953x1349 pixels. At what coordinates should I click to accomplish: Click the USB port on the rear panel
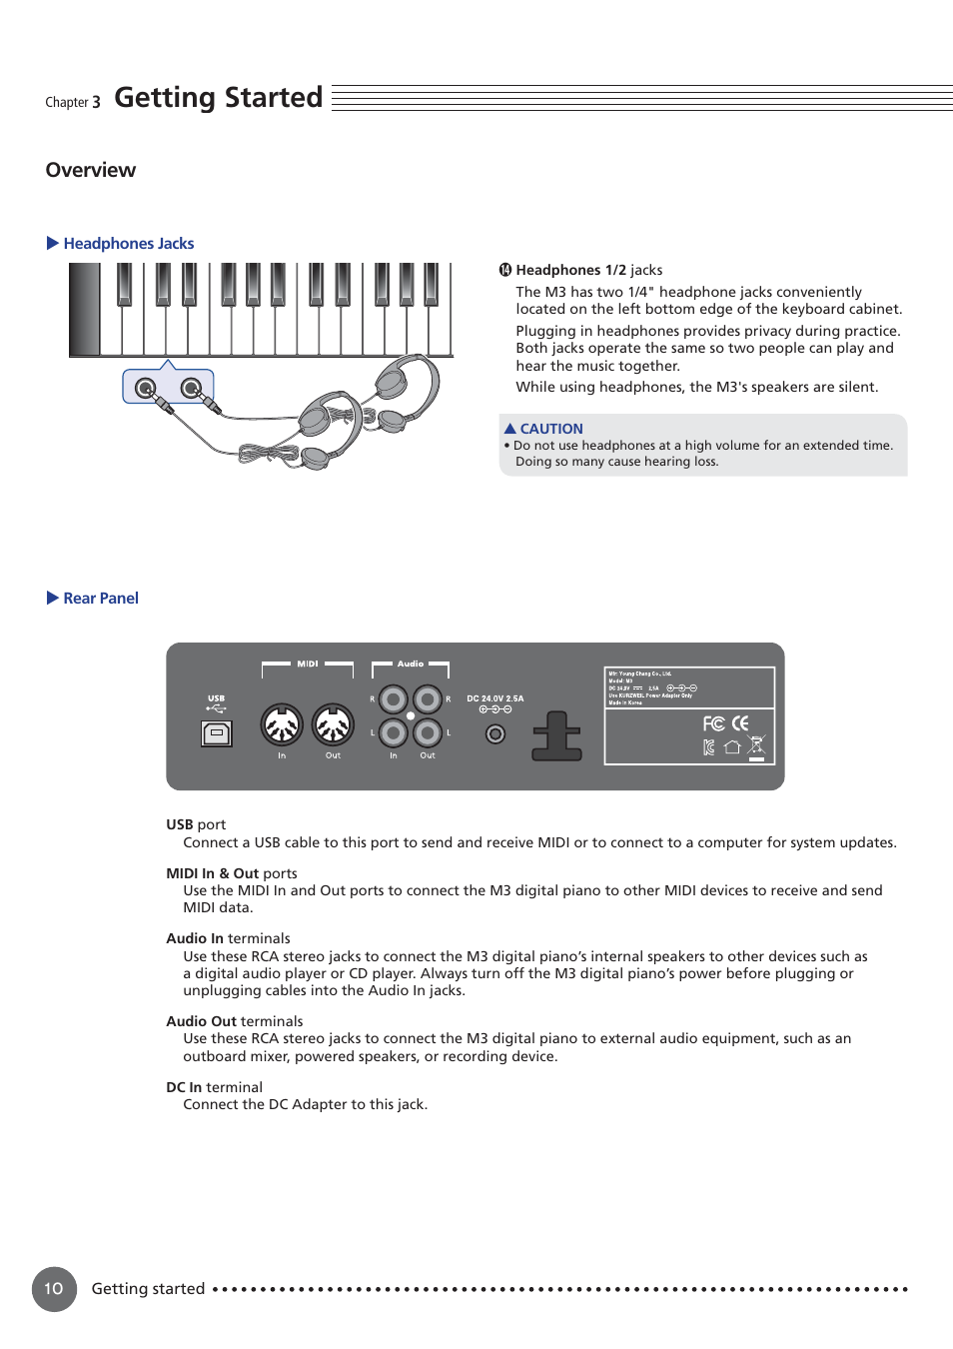click(217, 733)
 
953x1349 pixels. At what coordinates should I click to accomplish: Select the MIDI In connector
click(282, 725)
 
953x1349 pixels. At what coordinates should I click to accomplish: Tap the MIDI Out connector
click(333, 725)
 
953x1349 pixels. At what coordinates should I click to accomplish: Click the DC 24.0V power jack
click(494, 734)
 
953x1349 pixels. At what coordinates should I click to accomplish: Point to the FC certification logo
click(713, 723)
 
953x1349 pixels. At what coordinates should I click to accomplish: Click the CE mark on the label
click(740, 723)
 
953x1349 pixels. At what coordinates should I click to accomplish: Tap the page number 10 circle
click(54, 1288)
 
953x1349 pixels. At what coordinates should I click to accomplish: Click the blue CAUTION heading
click(550, 429)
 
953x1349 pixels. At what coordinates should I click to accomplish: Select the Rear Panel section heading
click(101, 599)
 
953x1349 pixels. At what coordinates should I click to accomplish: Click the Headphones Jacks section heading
click(128, 244)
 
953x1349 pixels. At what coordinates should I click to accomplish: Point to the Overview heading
click(91, 170)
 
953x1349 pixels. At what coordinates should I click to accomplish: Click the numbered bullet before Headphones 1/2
click(505, 270)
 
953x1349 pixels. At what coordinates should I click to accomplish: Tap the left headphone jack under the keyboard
click(146, 388)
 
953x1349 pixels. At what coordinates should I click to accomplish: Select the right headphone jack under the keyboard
click(191, 388)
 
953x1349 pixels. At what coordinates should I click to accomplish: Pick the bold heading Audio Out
click(201, 1021)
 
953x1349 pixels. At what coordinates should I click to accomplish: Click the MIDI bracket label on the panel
click(308, 664)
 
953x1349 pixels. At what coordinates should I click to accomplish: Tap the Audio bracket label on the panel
click(411, 664)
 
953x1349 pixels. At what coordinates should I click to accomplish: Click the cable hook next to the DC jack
click(556, 736)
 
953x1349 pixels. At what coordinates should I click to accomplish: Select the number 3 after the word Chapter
click(96, 102)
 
